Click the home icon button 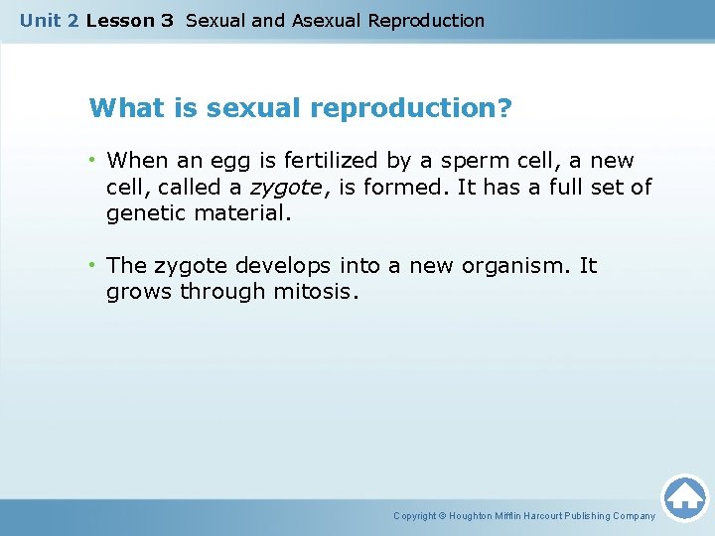pyautogui.click(x=684, y=496)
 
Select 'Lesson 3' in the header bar pyautogui.click(x=130, y=21)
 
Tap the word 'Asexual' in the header pyautogui.click(x=327, y=21)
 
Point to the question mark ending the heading pyautogui.click(x=505, y=108)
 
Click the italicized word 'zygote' pyautogui.click(x=285, y=187)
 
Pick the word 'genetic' pyautogui.click(x=145, y=212)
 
